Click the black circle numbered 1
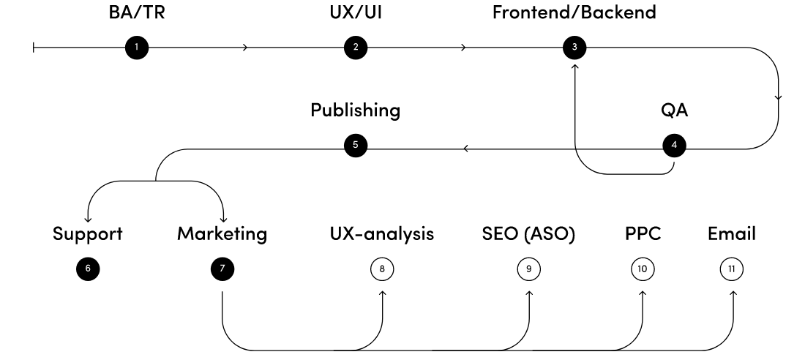pyautogui.click(x=136, y=48)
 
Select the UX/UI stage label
pyautogui.click(x=356, y=12)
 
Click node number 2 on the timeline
pyautogui.click(x=356, y=48)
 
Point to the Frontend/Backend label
pyautogui.click(x=574, y=12)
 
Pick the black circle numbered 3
pyautogui.click(x=574, y=48)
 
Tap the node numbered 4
pyautogui.click(x=673, y=145)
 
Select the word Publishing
pyautogui.click(x=356, y=110)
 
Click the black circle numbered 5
pyautogui.click(x=356, y=145)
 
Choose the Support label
pyautogui.click(x=87, y=234)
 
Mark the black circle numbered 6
pyautogui.click(x=87, y=269)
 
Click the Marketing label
pyautogui.click(x=222, y=234)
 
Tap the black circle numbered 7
pyautogui.click(x=221, y=269)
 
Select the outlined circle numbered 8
pyautogui.click(x=382, y=269)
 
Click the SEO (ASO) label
pyautogui.click(x=528, y=234)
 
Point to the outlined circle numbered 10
pyautogui.click(x=642, y=269)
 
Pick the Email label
pyautogui.click(x=732, y=234)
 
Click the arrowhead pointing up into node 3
pyautogui.click(x=574, y=66)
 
